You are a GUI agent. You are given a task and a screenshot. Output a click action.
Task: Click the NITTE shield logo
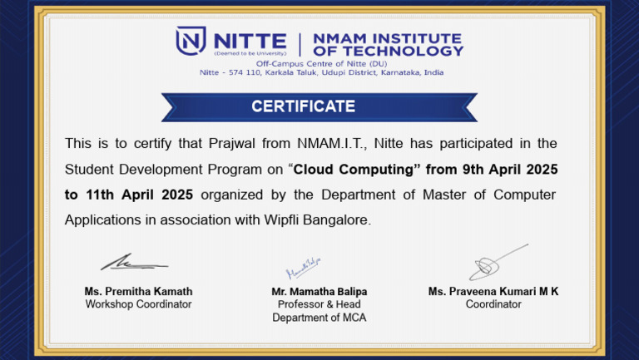191,41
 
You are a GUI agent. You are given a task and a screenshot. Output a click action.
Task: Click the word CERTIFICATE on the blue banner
303,106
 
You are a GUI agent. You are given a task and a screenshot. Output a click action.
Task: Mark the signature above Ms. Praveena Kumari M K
496,262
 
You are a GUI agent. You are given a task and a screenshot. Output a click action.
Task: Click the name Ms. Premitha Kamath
138,292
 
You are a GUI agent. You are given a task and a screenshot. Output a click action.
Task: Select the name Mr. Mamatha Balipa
319,292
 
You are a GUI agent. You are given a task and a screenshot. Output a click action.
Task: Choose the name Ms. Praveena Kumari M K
493,292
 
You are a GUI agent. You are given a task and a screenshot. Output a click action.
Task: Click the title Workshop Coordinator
138,304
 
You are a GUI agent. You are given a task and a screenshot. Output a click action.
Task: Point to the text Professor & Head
319,304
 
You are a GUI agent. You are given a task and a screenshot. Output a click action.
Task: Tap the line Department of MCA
319,318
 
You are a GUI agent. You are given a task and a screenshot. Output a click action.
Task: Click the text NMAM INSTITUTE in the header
386,38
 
